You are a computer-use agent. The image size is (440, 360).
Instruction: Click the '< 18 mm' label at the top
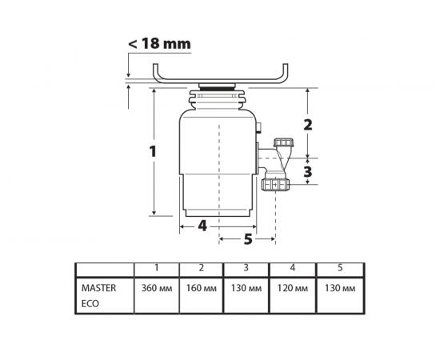click(x=159, y=43)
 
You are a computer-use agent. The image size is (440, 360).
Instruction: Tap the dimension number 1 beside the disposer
click(x=153, y=152)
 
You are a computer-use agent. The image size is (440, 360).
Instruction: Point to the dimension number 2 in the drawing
click(x=308, y=125)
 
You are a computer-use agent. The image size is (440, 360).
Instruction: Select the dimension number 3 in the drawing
click(x=308, y=171)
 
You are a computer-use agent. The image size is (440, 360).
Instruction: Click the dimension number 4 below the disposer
click(x=202, y=226)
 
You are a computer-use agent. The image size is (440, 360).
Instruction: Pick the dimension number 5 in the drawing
click(x=248, y=239)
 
